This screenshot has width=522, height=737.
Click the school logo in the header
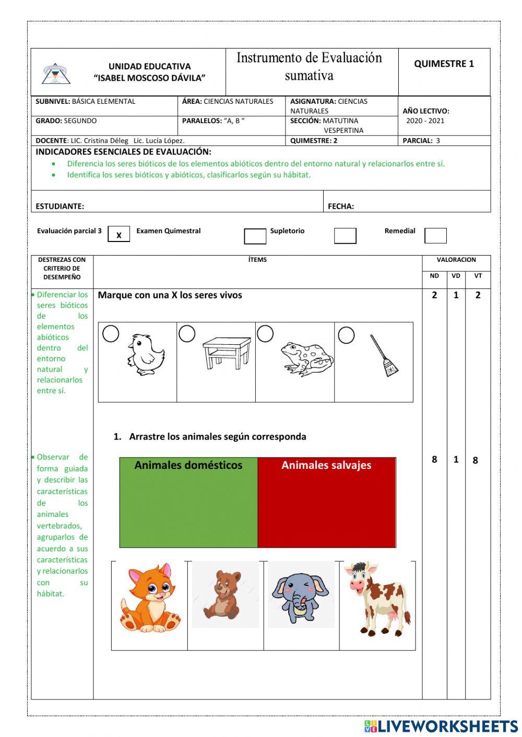[56, 74]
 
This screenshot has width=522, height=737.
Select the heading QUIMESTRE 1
[444, 64]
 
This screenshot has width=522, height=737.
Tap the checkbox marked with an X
[118, 235]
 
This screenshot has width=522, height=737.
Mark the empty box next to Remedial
[435, 236]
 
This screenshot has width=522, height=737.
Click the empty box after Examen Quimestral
[255, 236]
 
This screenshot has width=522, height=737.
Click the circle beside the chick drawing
[111, 334]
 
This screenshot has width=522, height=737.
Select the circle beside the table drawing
[187, 334]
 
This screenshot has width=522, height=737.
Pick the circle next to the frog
[265, 334]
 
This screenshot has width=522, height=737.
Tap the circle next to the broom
[346, 335]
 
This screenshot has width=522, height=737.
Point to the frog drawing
[306, 358]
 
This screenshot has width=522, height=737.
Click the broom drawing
[384, 356]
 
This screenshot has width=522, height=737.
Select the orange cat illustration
[150, 598]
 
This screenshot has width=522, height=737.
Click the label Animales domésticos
[188, 465]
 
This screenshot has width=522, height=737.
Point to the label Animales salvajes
[326, 465]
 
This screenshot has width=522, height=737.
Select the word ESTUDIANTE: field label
[60, 206]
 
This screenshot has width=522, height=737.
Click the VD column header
[456, 276]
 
